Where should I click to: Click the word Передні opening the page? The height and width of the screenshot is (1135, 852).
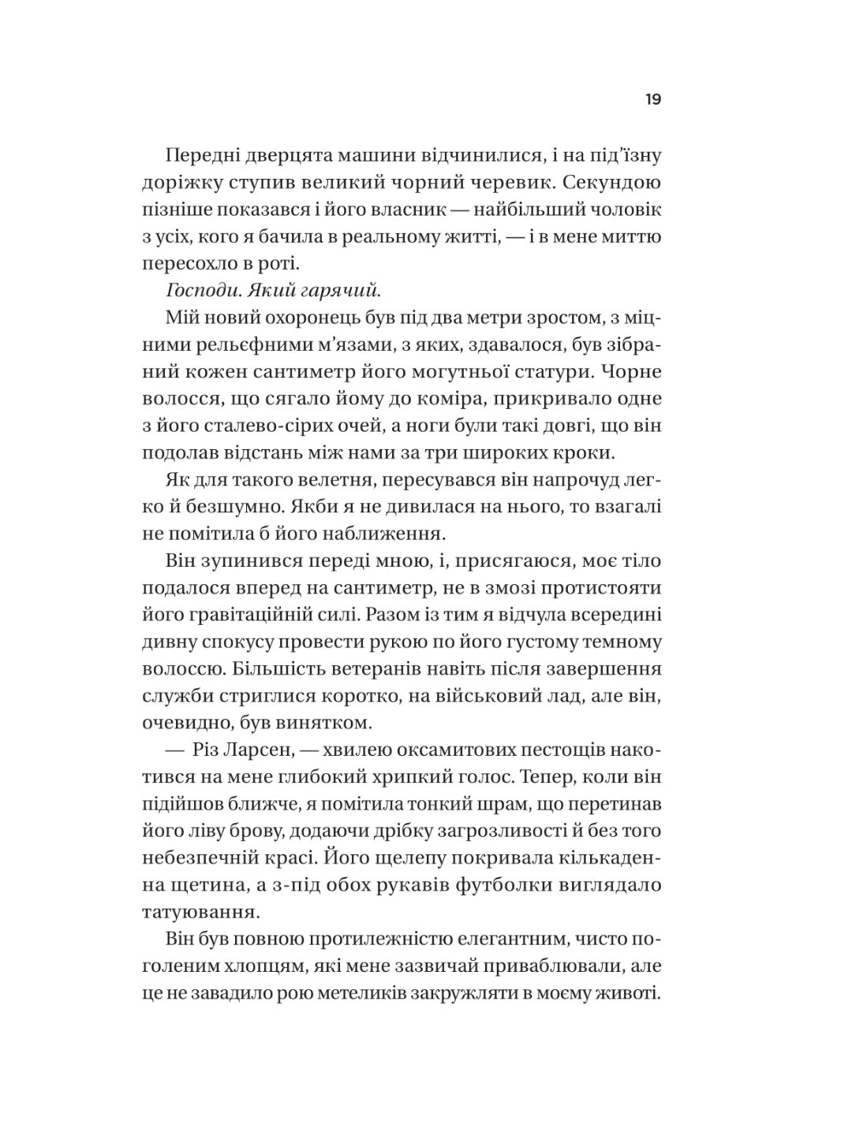point(203,156)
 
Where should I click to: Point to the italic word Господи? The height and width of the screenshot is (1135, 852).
point(203,291)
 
